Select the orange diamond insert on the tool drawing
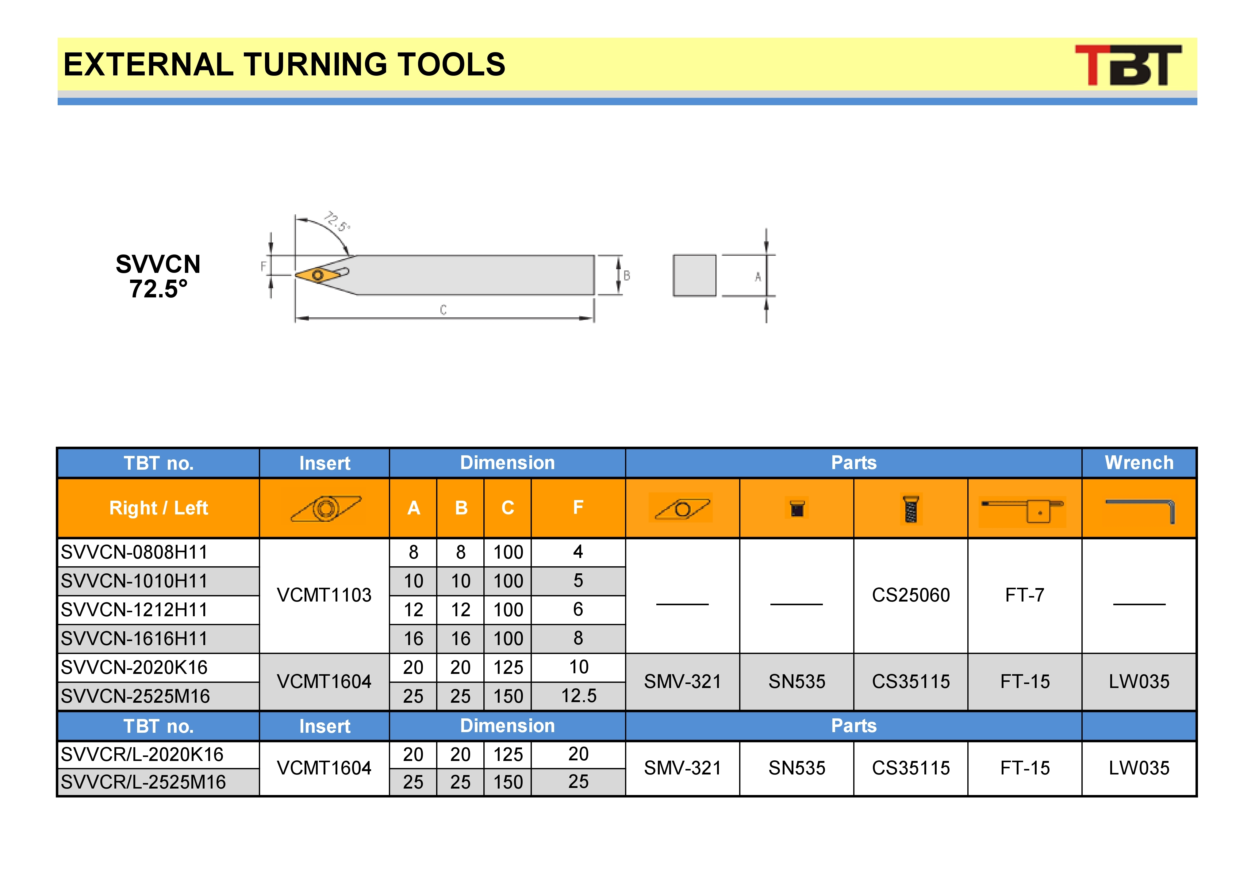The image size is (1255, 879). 317,274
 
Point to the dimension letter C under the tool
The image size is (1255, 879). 443,310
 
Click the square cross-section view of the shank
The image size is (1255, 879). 694,275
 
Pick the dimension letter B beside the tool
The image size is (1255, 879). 627,276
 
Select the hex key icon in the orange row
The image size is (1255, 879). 1140,510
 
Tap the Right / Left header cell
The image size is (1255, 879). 159,508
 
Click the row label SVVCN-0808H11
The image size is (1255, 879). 134,552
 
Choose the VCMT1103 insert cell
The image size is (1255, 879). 324,595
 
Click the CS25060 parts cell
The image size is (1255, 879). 911,595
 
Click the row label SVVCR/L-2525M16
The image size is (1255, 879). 143,782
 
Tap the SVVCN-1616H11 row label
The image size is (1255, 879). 134,638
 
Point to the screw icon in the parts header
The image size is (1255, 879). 911,509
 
